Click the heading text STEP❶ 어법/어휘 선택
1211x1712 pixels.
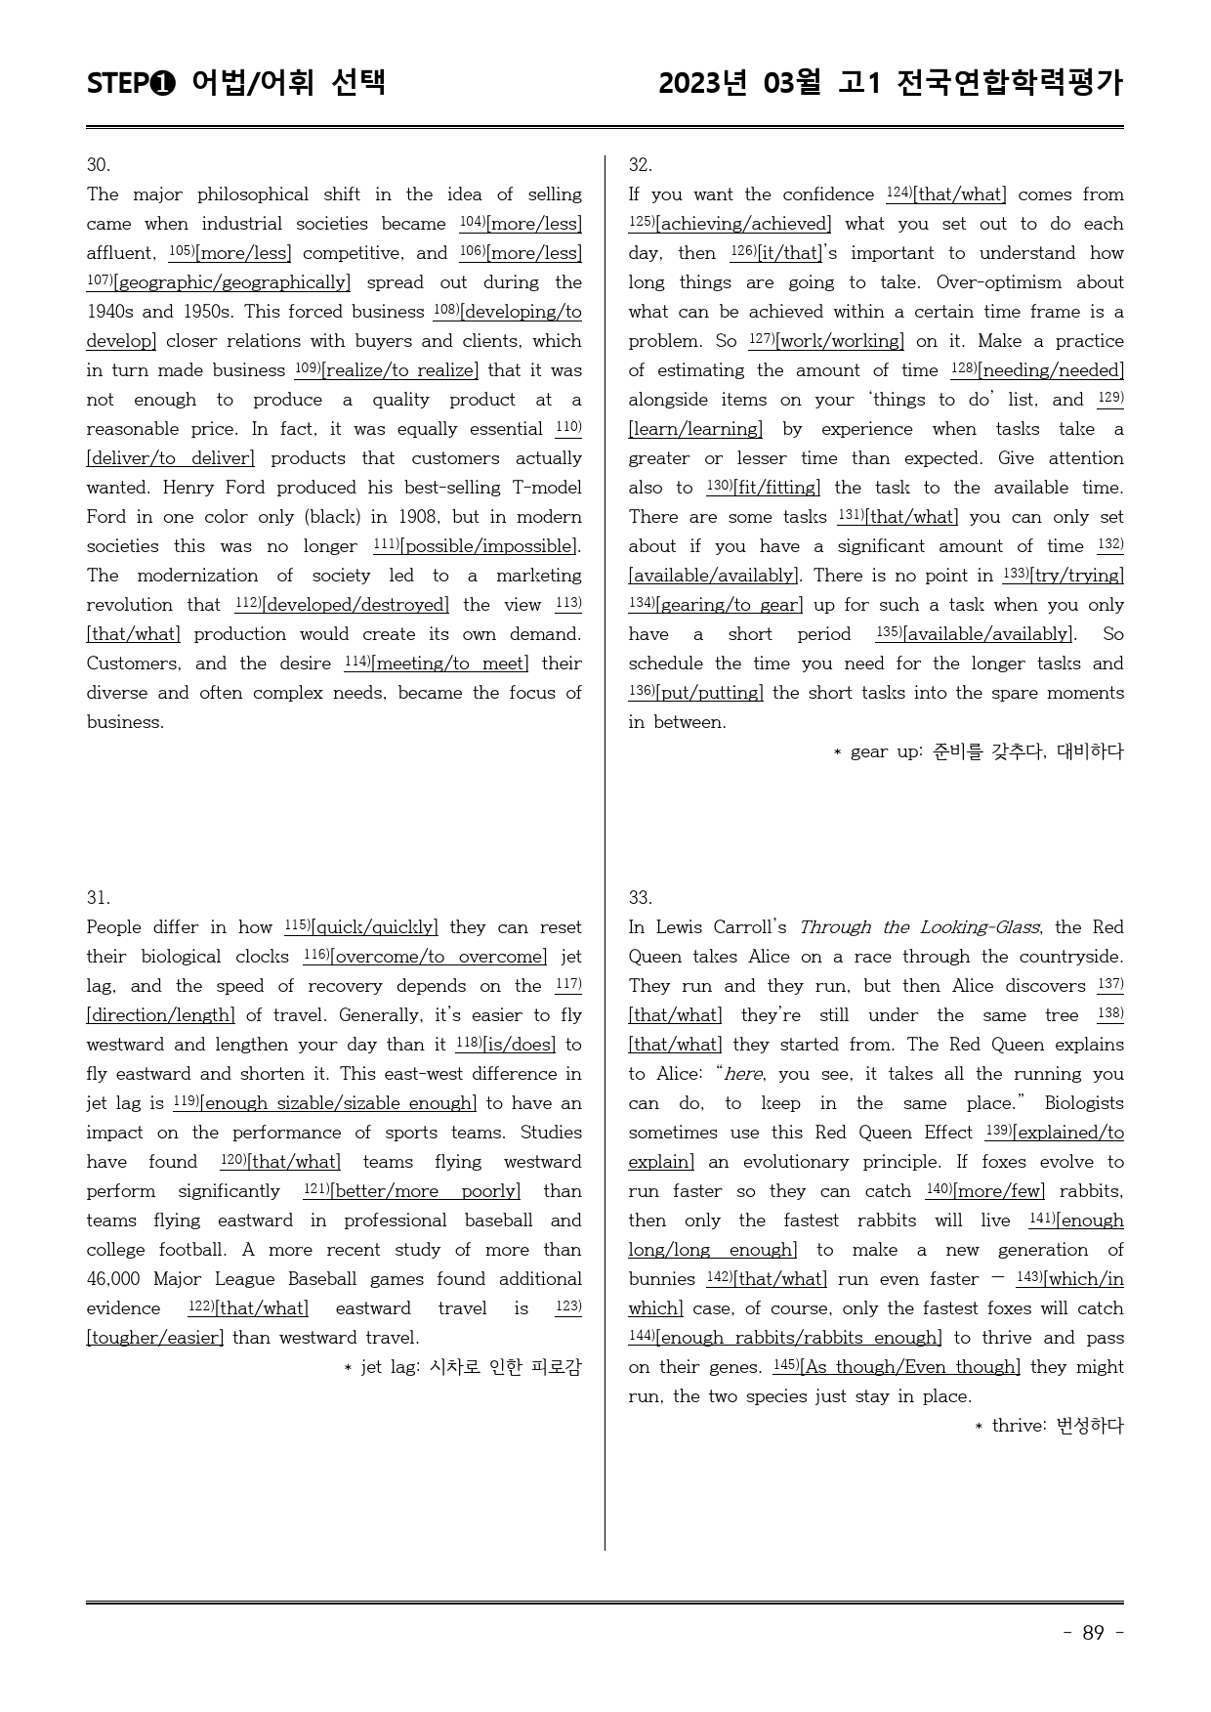pos(236,83)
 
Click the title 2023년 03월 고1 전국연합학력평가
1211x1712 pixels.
pos(891,83)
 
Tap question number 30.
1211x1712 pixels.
pos(98,164)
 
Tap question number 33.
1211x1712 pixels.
pos(640,897)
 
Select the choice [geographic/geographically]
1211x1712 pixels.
pos(231,282)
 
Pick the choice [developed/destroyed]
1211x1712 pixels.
pos(355,605)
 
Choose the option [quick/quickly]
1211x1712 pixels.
pos(374,927)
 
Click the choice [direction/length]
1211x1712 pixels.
pos(161,1015)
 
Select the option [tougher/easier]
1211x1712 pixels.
pos(155,1338)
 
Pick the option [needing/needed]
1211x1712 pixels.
pos(1051,370)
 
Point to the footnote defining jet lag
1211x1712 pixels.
pos(462,1367)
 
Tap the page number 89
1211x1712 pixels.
pos(1093,1633)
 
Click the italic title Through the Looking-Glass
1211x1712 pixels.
pos(919,927)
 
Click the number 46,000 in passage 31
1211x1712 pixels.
pos(113,1279)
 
